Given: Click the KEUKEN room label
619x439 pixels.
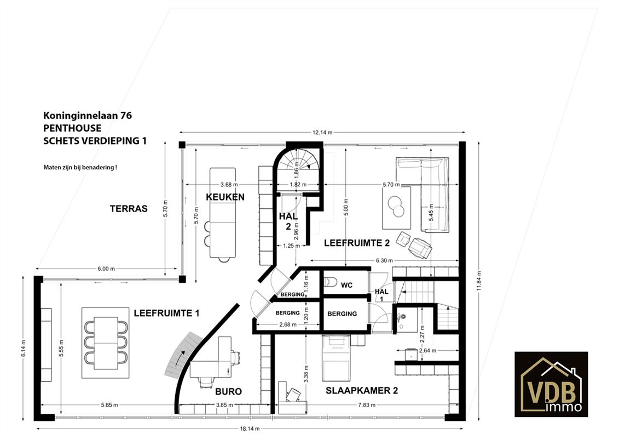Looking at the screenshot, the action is (x=225, y=197).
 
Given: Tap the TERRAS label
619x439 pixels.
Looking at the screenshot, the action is (x=129, y=208).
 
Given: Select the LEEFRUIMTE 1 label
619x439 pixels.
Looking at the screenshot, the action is (x=166, y=313).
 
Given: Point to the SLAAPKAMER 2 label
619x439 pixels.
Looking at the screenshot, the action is (x=362, y=391).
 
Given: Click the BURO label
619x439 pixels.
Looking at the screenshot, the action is (x=228, y=391).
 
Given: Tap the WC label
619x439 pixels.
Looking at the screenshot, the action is (x=346, y=285).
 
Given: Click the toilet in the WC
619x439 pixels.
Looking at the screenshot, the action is (x=330, y=282).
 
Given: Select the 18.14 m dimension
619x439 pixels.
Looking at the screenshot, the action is (x=250, y=429).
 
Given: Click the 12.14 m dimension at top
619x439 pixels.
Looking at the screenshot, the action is (x=322, y=133).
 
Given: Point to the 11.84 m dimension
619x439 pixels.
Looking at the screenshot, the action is (x=479, y=281).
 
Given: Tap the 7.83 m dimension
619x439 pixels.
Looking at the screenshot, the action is (x=367, y=405).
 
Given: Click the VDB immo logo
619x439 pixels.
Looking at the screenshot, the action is (x=551, y=384).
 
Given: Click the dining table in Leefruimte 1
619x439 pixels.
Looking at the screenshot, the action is (x=106, y=343).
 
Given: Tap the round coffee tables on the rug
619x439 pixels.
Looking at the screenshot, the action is (x=396, y=207).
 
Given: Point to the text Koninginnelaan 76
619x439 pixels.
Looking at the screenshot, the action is (x=88, y=116).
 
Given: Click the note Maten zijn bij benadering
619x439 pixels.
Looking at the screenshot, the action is (x=80, y=167).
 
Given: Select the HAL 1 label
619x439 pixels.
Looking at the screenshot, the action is (x=381, y=295).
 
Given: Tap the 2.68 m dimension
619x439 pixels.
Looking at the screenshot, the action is (x=287, y=324).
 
